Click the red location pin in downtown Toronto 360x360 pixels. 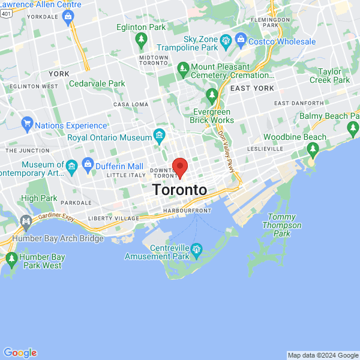click(180, 167)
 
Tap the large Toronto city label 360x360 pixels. click(179, 190)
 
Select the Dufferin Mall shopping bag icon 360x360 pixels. click(88, 165)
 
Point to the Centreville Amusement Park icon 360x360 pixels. click(196, 248)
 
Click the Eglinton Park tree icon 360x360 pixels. click(142, 41)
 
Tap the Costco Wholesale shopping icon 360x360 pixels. click(241, 41)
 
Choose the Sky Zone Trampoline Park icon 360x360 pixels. click(226, 41)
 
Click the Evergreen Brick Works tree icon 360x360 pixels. click(212, 95)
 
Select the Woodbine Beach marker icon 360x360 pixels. click(311, 161)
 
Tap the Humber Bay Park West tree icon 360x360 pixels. click(11, 260)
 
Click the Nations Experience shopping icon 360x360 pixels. click(26, 125)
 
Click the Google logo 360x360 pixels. click(20, 353)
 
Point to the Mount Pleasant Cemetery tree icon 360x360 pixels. click(183, 71)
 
